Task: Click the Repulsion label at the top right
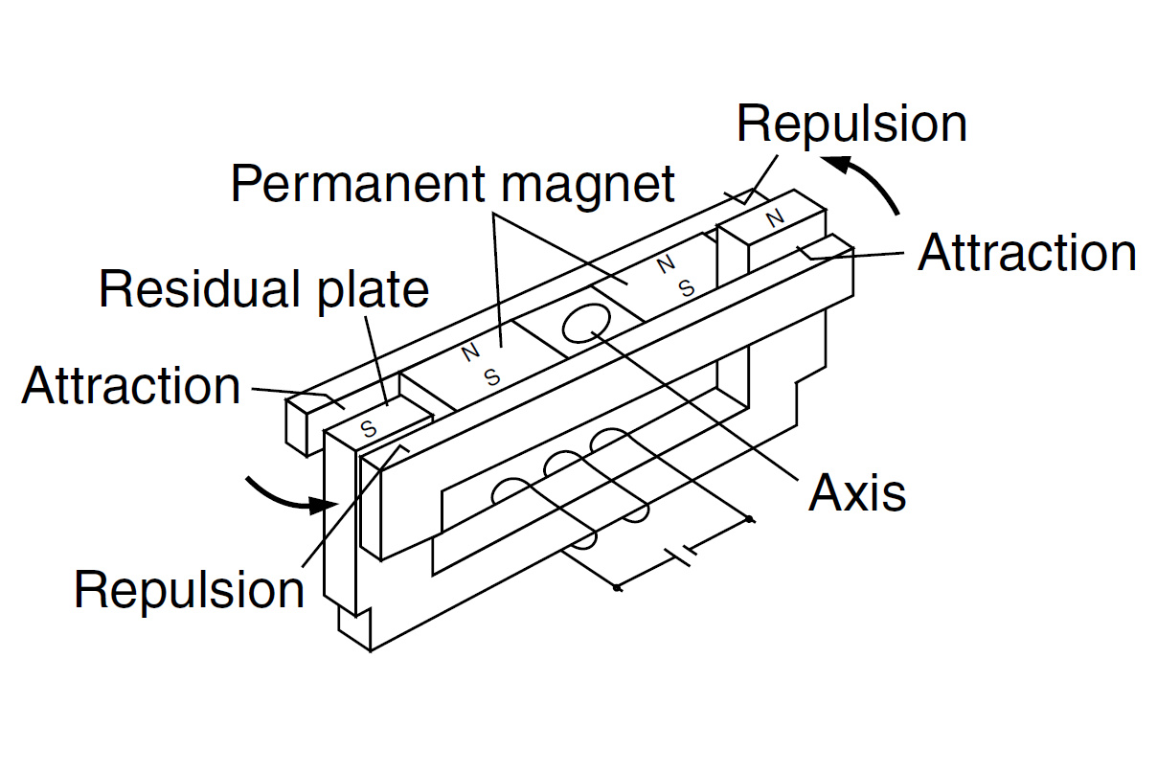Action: [851, 125]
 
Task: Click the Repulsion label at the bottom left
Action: [189, 590]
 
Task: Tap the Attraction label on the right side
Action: [1027, 254]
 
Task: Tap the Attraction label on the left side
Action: [131, 386]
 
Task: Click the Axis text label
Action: [856, 492]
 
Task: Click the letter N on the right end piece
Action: [775, 218]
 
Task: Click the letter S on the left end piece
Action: [368, 428]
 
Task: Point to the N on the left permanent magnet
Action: [469, 353]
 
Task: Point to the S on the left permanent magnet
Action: [491, 376]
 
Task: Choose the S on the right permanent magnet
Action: [686, 286]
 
